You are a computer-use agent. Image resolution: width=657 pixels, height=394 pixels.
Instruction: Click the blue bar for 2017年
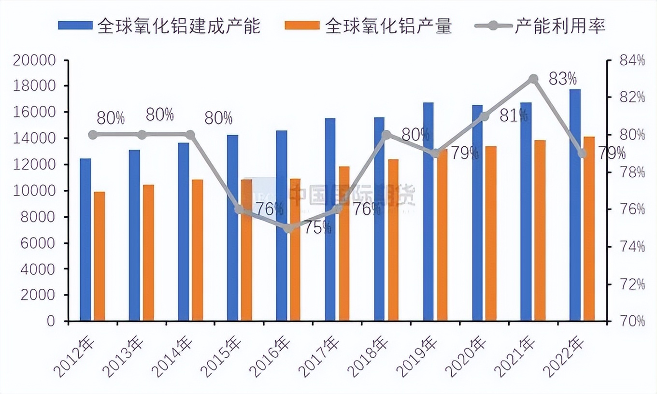pyautogui.click(x=330, y=219)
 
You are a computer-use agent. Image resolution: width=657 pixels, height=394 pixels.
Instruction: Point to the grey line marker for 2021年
pyautogui.click(x=533, y=79)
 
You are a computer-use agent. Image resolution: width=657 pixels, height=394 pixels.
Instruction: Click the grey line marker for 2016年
pyautogui.click(x=288, y=228)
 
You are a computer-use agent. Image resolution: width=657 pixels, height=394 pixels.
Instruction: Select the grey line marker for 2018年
pyautogui.click(x=386, y=135)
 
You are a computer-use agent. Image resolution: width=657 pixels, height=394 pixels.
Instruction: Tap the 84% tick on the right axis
pyautogui.click(x=631, y=61)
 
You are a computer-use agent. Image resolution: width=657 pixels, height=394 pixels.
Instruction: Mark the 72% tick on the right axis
pyautogui.click(x=631, y=284)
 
